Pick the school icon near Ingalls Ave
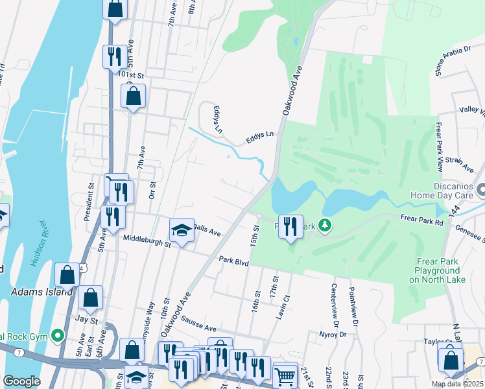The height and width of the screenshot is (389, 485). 182,231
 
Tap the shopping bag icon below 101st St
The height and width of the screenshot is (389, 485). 133,97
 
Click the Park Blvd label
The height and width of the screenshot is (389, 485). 234,260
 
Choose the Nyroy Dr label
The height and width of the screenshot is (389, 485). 333,335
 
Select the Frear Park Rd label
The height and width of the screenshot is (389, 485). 421,221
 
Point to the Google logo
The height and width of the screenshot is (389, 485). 21,382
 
